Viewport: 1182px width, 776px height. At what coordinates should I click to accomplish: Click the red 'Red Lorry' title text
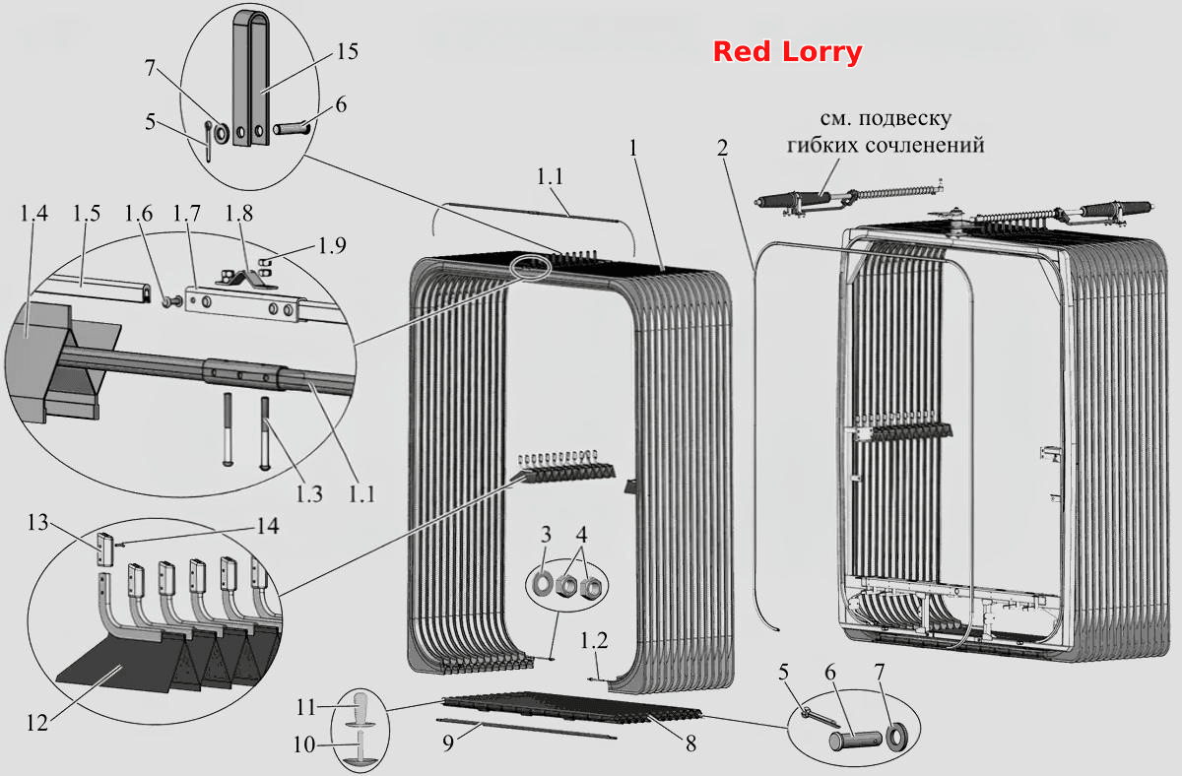787,52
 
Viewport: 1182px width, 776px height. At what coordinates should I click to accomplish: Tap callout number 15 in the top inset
347,51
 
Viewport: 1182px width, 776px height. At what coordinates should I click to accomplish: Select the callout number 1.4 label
33,214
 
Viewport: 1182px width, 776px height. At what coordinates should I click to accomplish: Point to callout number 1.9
332,246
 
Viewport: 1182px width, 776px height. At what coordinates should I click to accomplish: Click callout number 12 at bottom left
37,723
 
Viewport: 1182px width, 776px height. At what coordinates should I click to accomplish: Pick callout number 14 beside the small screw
268,526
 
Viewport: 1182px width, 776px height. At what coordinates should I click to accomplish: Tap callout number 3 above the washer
546,535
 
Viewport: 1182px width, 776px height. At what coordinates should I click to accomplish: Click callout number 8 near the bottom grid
690,744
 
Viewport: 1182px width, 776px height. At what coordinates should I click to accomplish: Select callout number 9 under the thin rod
448,744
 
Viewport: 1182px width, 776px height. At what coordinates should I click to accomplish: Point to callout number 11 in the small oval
305,707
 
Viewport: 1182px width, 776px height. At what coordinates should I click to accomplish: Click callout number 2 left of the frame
722,149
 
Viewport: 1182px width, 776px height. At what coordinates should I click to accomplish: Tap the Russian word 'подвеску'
905,119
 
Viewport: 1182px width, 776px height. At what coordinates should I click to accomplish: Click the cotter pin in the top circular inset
209,142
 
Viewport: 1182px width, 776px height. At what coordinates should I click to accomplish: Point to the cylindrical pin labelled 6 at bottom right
854,740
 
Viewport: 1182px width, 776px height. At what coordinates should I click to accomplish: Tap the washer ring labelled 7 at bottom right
897,738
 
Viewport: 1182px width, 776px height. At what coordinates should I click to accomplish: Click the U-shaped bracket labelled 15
251,78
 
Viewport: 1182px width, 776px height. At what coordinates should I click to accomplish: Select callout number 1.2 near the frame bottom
594,640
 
